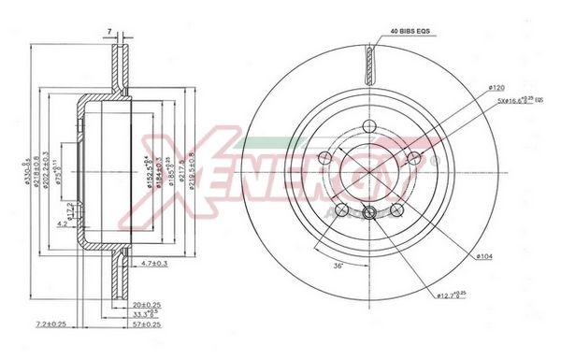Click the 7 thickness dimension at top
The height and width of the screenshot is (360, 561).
point(109,32)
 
